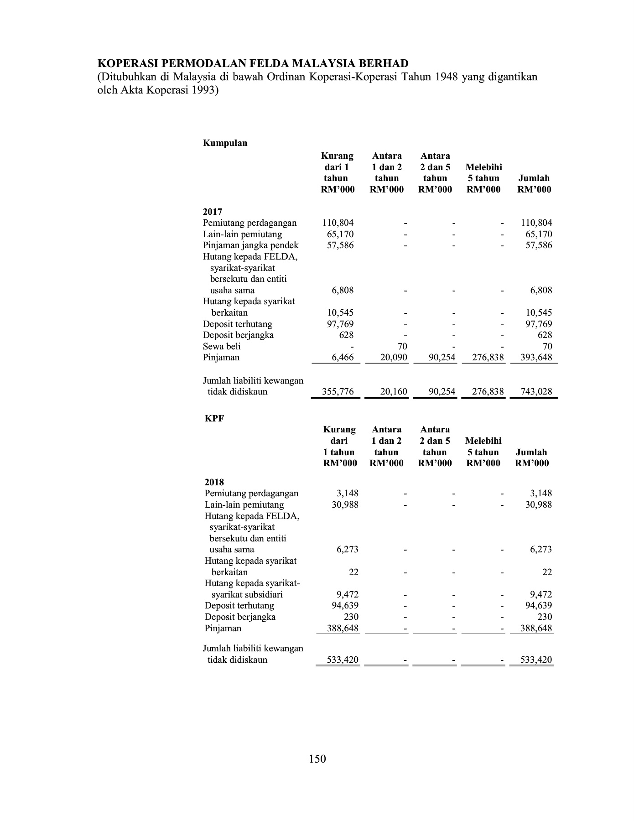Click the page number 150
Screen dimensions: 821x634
click(317, 759)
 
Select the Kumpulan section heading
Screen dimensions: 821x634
click(225, 143)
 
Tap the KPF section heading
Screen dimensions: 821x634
click(214, 418)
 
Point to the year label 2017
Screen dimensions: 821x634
click(213, 212)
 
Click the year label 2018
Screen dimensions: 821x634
click(214, 482)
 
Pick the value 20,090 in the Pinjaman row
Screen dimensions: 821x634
click(394, 358)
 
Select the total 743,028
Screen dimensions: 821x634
click(536, 391)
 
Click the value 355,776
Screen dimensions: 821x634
click(338, 391)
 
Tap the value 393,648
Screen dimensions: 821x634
click(536, 358)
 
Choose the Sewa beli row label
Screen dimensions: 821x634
click(222, 346)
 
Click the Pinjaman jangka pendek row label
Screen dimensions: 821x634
click(250, 245)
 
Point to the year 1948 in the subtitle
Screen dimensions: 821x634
click(447, 77)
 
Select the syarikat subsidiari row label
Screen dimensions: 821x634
click(247, 594)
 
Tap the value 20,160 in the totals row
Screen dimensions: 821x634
click(394, 391)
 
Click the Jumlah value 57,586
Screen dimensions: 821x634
click(538, 245)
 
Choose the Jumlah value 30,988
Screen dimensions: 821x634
click(538, 504)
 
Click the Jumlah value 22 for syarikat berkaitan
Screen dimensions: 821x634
click(547, 572)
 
